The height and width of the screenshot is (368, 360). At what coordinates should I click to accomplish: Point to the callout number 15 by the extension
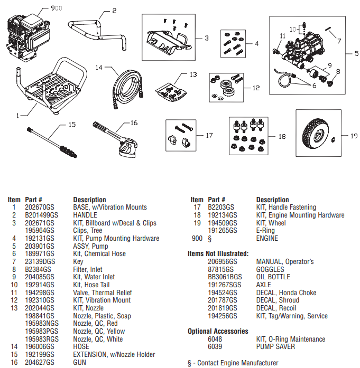(72, 125)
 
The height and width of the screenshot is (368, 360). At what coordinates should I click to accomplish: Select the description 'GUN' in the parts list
(79, 363)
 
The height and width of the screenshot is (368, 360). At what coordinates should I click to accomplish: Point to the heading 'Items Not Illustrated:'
(218, 254)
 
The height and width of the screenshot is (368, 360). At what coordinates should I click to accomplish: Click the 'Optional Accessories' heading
(218, 332)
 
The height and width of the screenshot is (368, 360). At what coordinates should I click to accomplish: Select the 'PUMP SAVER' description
(275, 347)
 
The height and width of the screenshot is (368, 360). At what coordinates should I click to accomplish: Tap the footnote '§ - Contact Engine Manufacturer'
(233, 363)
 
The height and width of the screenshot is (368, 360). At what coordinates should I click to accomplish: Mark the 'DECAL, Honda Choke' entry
(286, 292)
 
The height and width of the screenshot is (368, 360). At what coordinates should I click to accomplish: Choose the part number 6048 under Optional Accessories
(215, 339)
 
